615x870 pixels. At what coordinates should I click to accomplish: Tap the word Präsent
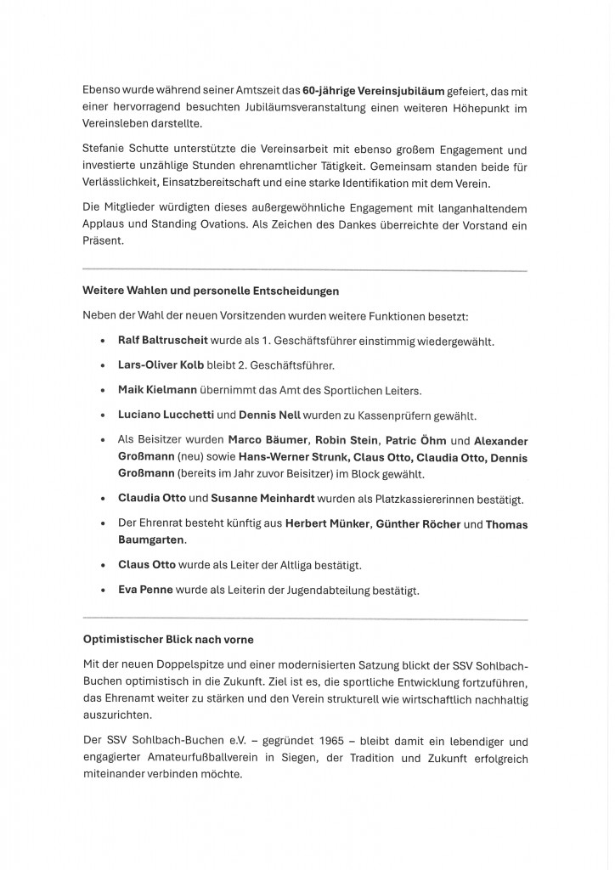(103, 241)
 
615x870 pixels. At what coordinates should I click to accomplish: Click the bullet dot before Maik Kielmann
(102, 391)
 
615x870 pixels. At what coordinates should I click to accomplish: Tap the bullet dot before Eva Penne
(102, 590)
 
